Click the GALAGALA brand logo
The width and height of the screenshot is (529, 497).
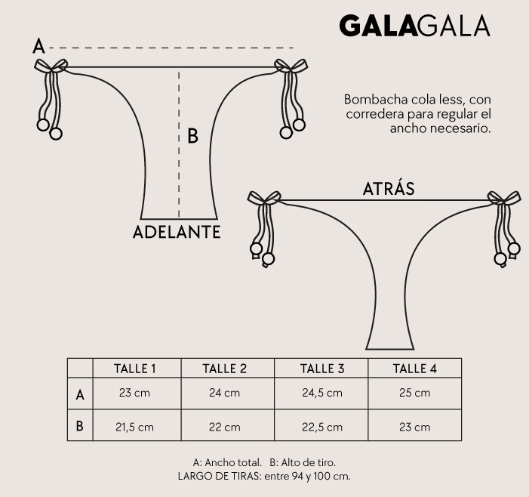(414, 26)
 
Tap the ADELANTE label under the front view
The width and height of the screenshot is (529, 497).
(177, 233)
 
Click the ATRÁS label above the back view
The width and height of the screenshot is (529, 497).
(389, 188)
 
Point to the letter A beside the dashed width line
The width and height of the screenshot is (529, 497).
(38, 46)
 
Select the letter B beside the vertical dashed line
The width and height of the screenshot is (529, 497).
(192, 136)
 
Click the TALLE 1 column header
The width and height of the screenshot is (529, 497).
(134, 369)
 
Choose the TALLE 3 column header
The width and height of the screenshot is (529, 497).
(322, 369)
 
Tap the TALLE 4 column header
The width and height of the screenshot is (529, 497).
(414, 369)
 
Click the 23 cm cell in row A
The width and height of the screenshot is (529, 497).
(134, 393)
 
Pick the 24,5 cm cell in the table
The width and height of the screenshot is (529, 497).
(322, 393)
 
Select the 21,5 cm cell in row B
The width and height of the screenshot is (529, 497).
(134, 427)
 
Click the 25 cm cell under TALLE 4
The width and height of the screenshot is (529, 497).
(414, 393)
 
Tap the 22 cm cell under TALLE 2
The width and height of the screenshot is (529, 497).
(224, 427)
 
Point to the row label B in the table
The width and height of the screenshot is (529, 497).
(80, 426)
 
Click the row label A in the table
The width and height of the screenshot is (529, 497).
(80, 394)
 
